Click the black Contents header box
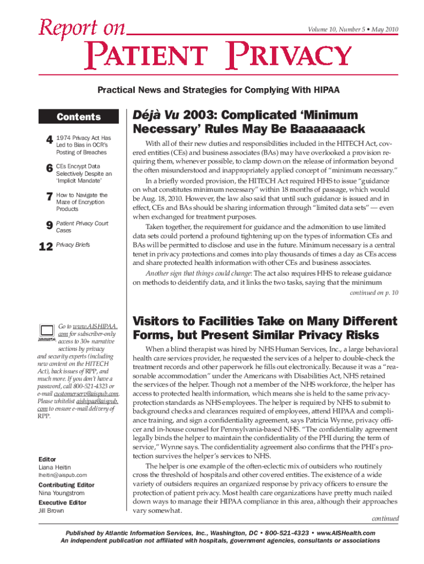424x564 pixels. pyautogui.click(x=79, y=117)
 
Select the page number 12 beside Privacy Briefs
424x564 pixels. pyautogui.click(x=45, y=248)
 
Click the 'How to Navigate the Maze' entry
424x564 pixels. pyautogui.click(x=82, y=202)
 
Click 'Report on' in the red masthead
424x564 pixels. pyautogui.click(x=82, y=27)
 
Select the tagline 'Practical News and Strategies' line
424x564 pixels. pyautogui.click(x=211, y=89)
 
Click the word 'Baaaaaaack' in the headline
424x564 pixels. pyautogui.click(x=316, y=129)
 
